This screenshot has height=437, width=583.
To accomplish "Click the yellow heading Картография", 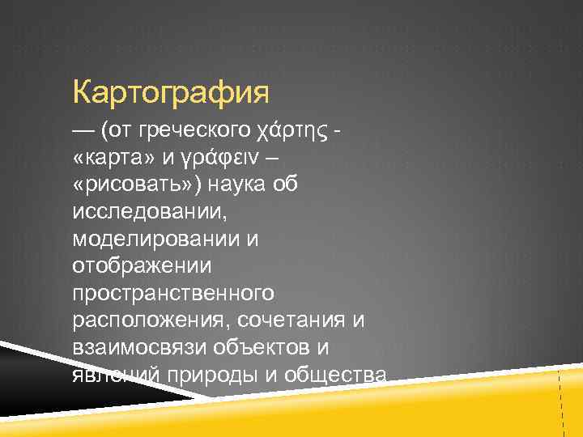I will click(170, 92).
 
